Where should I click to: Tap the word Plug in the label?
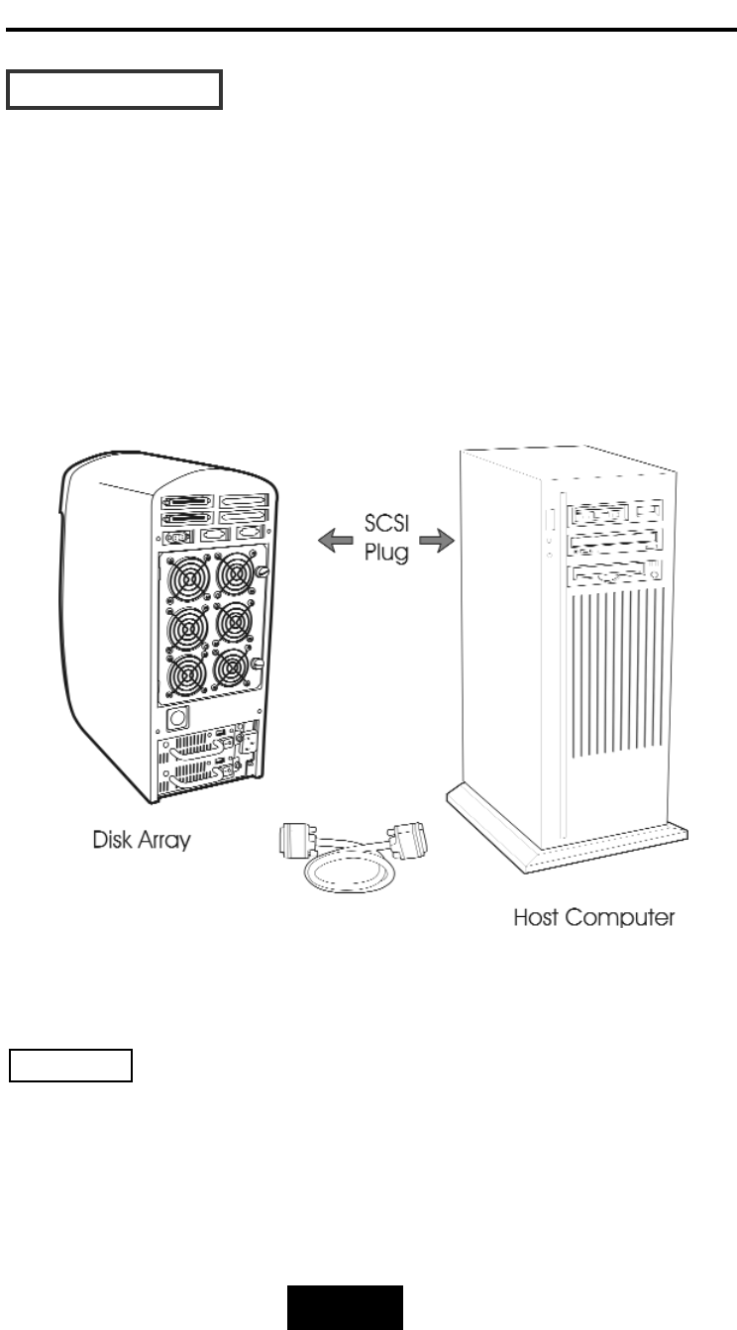(x=385, y=552)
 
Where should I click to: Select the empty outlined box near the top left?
(x=115, y=89)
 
